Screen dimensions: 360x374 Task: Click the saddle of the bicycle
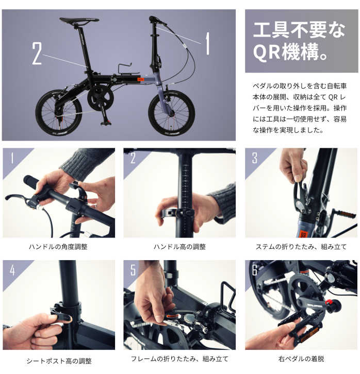[x=79, y=21]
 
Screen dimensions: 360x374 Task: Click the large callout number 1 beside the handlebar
[x=208, y=43]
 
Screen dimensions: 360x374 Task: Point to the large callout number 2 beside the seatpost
[x=37, y=53]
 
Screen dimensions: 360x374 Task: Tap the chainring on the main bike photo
[x=100, y=98]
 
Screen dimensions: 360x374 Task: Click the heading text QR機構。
[x=290, y=52]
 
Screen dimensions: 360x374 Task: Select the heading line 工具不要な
[x=299, y=30]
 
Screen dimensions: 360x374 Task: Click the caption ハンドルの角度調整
[x=58, y=247]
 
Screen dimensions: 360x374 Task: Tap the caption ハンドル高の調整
[x=180, y=247]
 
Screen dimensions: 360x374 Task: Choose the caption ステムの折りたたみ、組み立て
[x=301, y=247]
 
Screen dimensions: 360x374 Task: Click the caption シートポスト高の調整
[x=59, y=361]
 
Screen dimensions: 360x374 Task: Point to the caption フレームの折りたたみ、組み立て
[x=179, y=359]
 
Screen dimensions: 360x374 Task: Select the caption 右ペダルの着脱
[x=301, y=359]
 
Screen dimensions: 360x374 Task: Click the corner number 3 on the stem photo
[x=255, y=158]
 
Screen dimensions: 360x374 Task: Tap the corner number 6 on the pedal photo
[x=255, y=270]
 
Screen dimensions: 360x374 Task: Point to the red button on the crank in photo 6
[x=329, y=302]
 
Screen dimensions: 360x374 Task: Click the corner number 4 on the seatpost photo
[x=12, y=270]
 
